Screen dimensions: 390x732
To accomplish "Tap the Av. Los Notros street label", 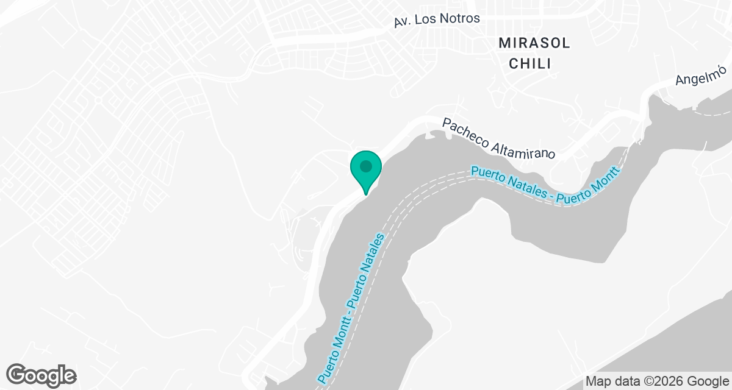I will [x=437, y=19].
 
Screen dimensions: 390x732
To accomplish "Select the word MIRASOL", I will [x=534, y=43].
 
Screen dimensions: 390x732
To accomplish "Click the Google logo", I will [x=41, y=375].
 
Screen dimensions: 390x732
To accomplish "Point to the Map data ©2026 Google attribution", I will [x=657, y=381].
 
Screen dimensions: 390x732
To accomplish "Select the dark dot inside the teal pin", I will [x=365, y=165].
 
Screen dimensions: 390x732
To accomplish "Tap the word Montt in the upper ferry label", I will [x=608, y=179].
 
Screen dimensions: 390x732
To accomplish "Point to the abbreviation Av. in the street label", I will [x=402, y=21].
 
